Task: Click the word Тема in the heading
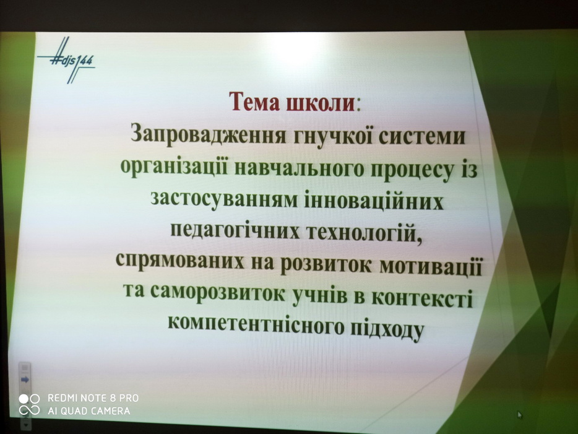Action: (254, 102)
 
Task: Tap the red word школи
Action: (320, 103)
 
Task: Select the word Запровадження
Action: (209, 135)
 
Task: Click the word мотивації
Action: (431, 266)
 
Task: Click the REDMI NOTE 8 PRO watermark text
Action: (93, 398)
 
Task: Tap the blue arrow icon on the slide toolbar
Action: (25, 380)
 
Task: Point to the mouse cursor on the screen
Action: (520, 415)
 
